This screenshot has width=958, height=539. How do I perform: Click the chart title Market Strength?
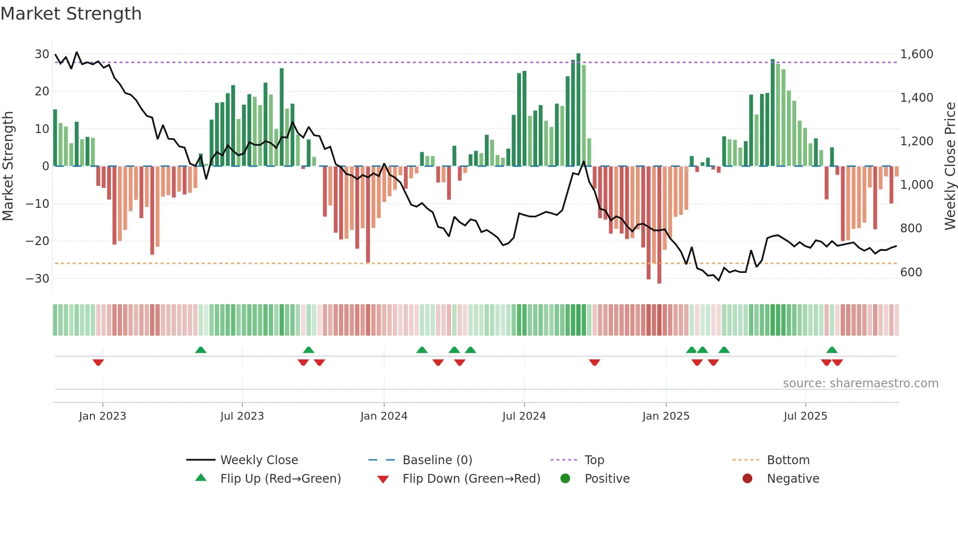click(71, 14)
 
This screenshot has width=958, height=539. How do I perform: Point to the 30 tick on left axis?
click(42, 54)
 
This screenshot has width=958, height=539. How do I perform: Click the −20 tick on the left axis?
click(38, 241)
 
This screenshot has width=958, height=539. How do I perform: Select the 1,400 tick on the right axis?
click(916, 98)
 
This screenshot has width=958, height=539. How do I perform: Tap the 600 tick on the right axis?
click(911, 272)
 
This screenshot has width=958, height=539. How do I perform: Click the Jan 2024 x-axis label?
click(384, 416)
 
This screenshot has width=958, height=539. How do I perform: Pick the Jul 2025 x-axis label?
click(805, 416)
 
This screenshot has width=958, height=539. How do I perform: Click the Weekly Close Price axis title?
click(950, 166)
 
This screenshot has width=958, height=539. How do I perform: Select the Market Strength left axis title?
click(8, 166)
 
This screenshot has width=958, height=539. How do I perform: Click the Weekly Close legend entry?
click(259, 460)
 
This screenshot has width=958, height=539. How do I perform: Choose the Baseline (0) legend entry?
click(437, 460)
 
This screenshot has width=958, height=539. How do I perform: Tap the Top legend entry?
click(594, 460)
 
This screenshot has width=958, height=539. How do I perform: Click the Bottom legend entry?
click(788, 460)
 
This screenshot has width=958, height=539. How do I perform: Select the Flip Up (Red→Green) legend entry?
click(280, 479)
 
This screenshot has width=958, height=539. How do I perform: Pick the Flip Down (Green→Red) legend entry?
click(471, 479)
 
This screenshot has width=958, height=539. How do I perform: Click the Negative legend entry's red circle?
click(747, 479)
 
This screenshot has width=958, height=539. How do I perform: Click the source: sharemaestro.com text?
click(860, 383)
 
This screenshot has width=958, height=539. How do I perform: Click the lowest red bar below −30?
click(659, 225)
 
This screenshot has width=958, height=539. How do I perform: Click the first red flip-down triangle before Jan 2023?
click(98, 362)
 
